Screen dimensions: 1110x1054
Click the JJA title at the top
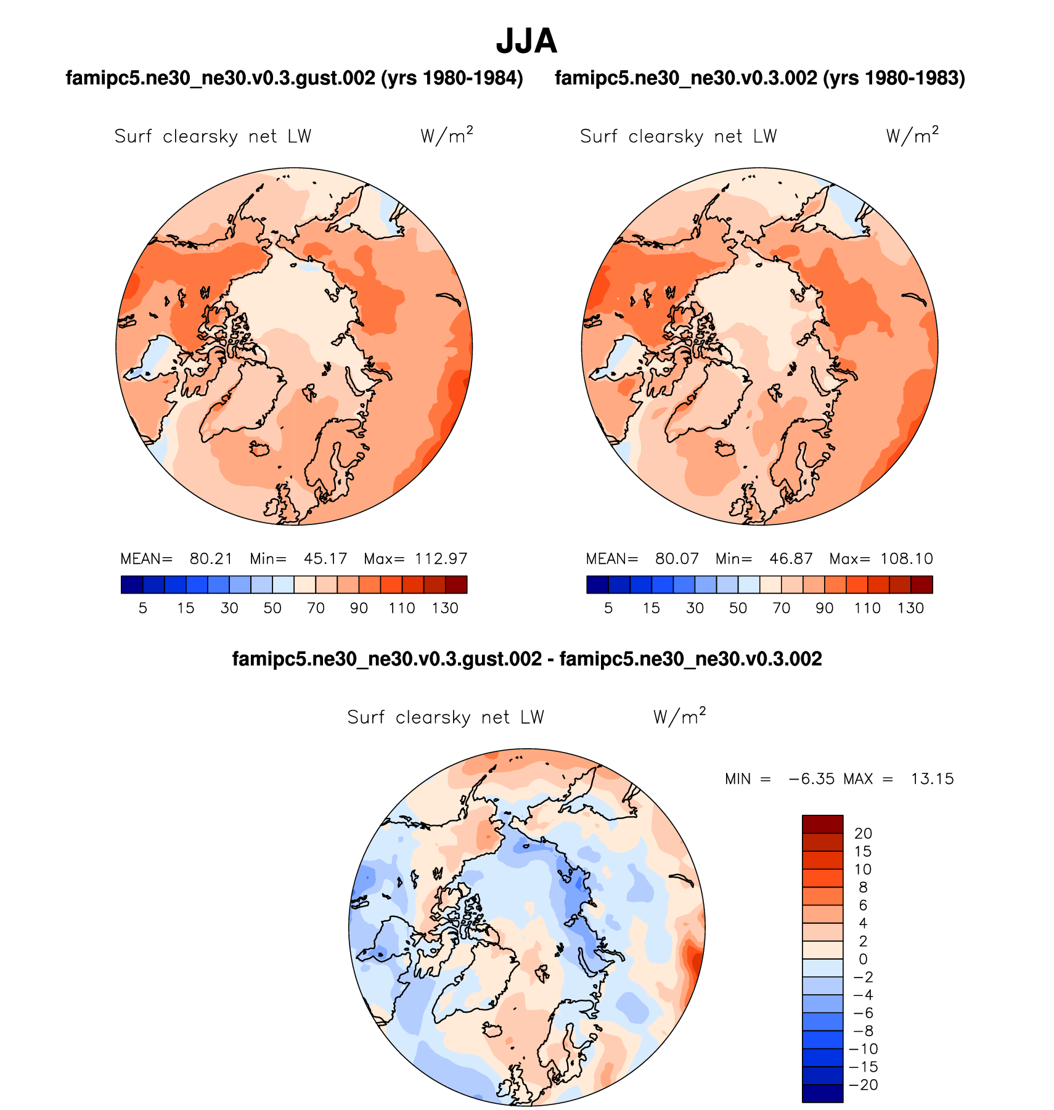pyautogui.click(x=526, y=41)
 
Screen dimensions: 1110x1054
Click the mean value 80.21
pyautogui.click(x=211, y=559)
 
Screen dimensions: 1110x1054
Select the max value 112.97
pyautogui.click(x=441, y=559)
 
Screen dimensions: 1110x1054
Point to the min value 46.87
pyautogui.click(x=791, y=559)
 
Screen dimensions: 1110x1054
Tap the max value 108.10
pyautogui.click(x=907, y=559)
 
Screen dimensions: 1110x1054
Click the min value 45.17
pyautogui.click(x=325, y=559)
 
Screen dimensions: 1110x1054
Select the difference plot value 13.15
pyautogui.click(x=932, y=779)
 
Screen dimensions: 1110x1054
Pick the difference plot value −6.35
pyautogui.click(x=811, y=779)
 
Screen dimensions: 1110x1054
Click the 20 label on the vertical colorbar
pyautogui.click(x=863, y=834)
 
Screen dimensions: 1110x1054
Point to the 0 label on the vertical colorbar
pyautogui.click(x=863, y=960)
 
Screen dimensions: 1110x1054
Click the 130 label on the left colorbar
pyautogui.click(x=445, y=608)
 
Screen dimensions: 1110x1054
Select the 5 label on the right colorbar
pyautogui.click(x=608, y=608)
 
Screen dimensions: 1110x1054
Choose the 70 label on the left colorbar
pyautogui.click(x=316, y=608)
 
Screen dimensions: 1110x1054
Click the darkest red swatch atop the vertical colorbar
pyautogui.click(x=822, y=824)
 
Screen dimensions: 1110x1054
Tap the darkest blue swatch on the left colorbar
pyautogui.click(x=132, y=584)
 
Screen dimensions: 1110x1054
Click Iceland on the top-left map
pyautogui.click(x=261, y=448)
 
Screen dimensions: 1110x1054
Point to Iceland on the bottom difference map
pyautogui.click(x=494, y=1030)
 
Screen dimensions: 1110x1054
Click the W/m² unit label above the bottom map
pyautogui.click(x=679, y=717)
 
